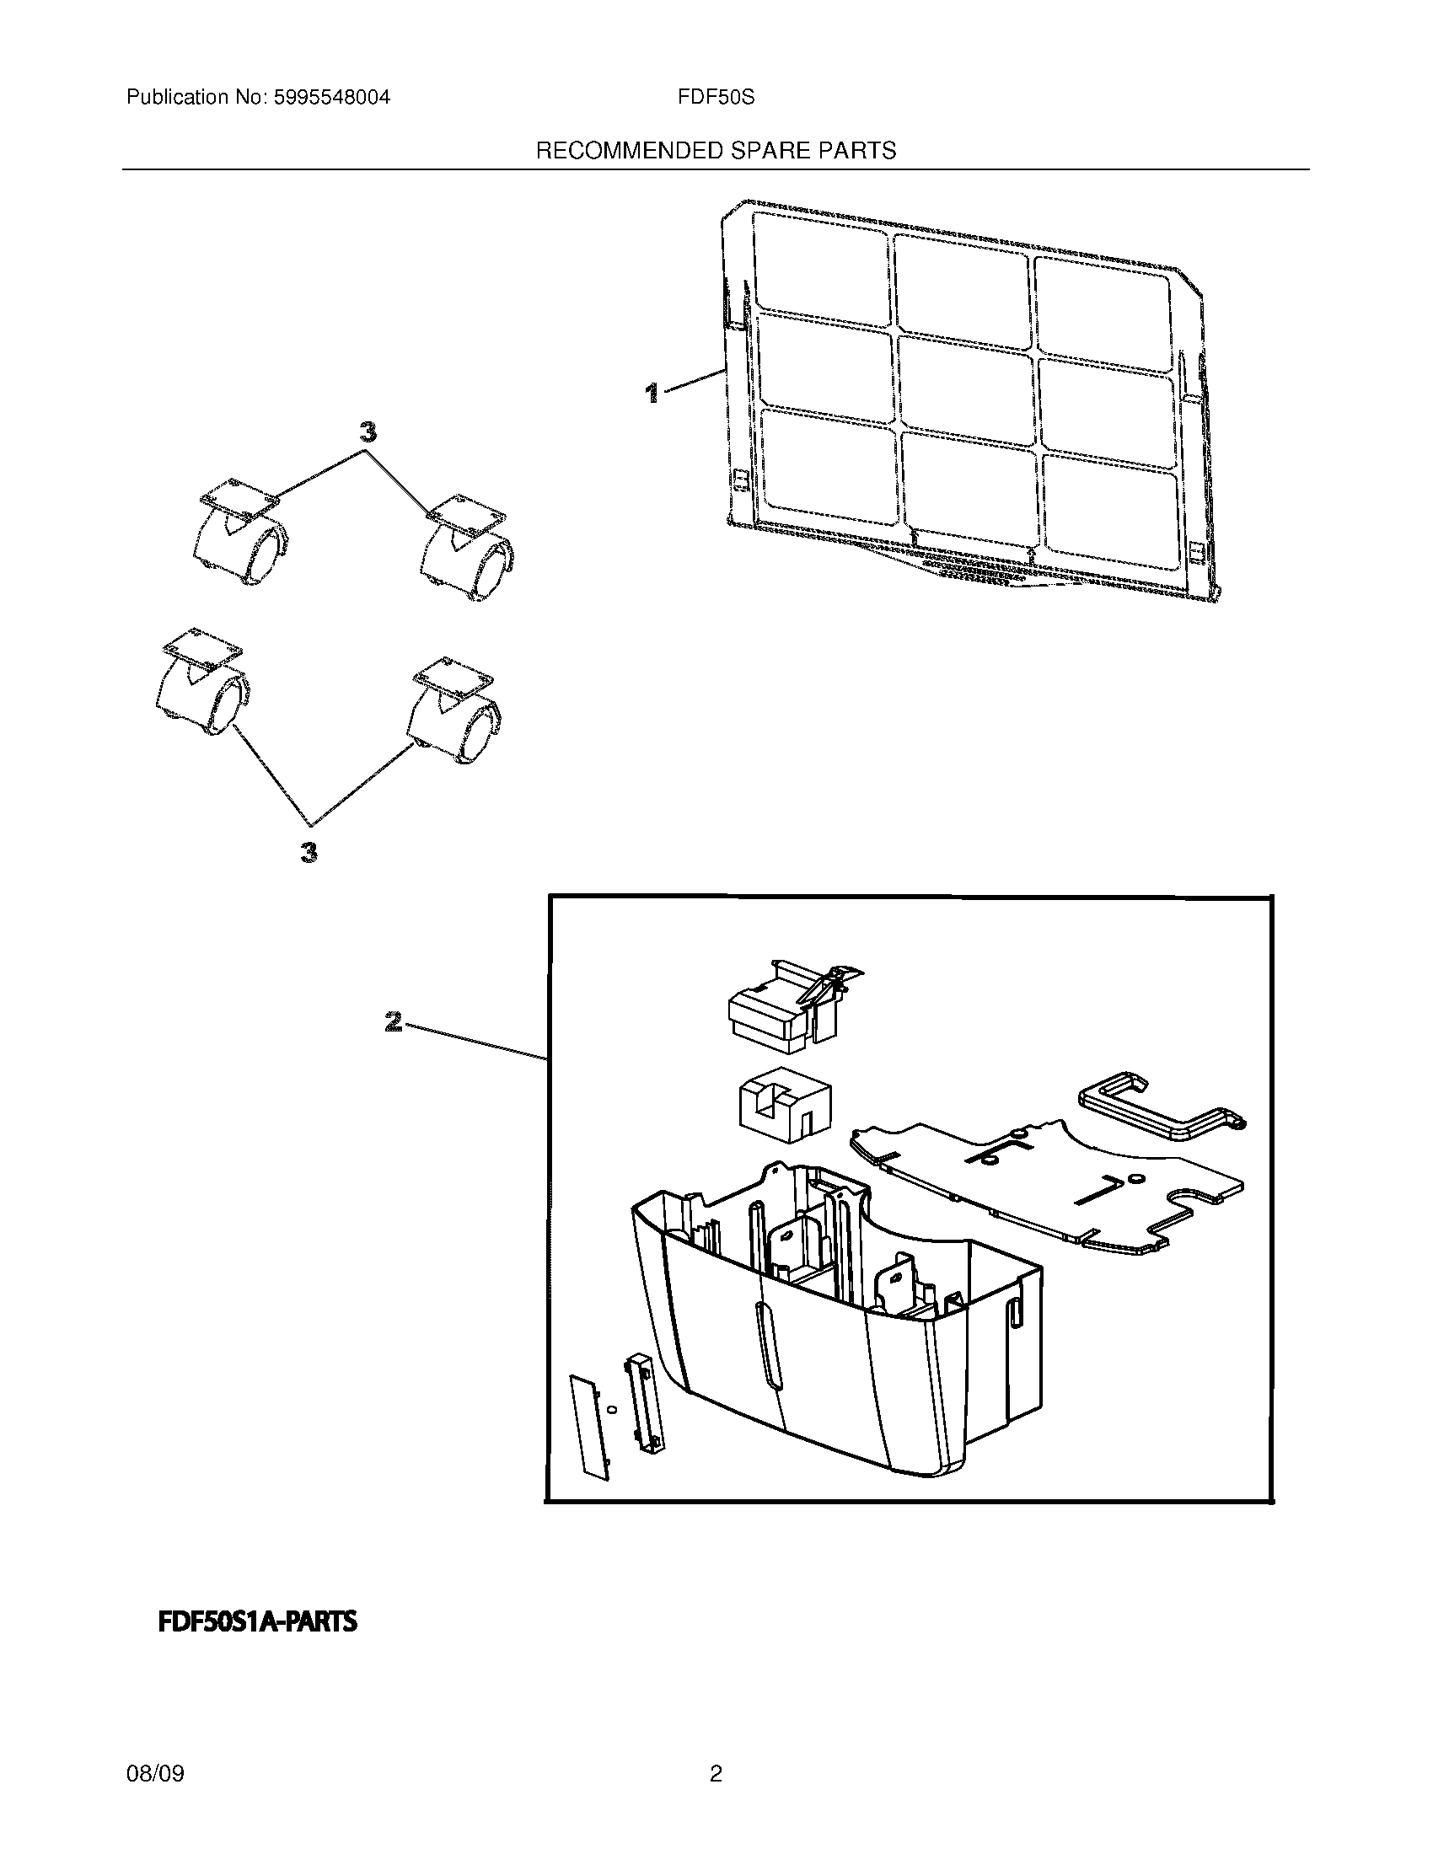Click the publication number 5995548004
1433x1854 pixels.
(x=331, y=98)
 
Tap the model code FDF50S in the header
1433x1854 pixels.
(x=716, y=98)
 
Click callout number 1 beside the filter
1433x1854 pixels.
(x=651, y=392)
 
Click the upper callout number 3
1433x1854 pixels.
(x=368, y=433)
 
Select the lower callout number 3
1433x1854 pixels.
(x=309, y=851)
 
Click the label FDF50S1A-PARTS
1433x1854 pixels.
(x=258, y=1622)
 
